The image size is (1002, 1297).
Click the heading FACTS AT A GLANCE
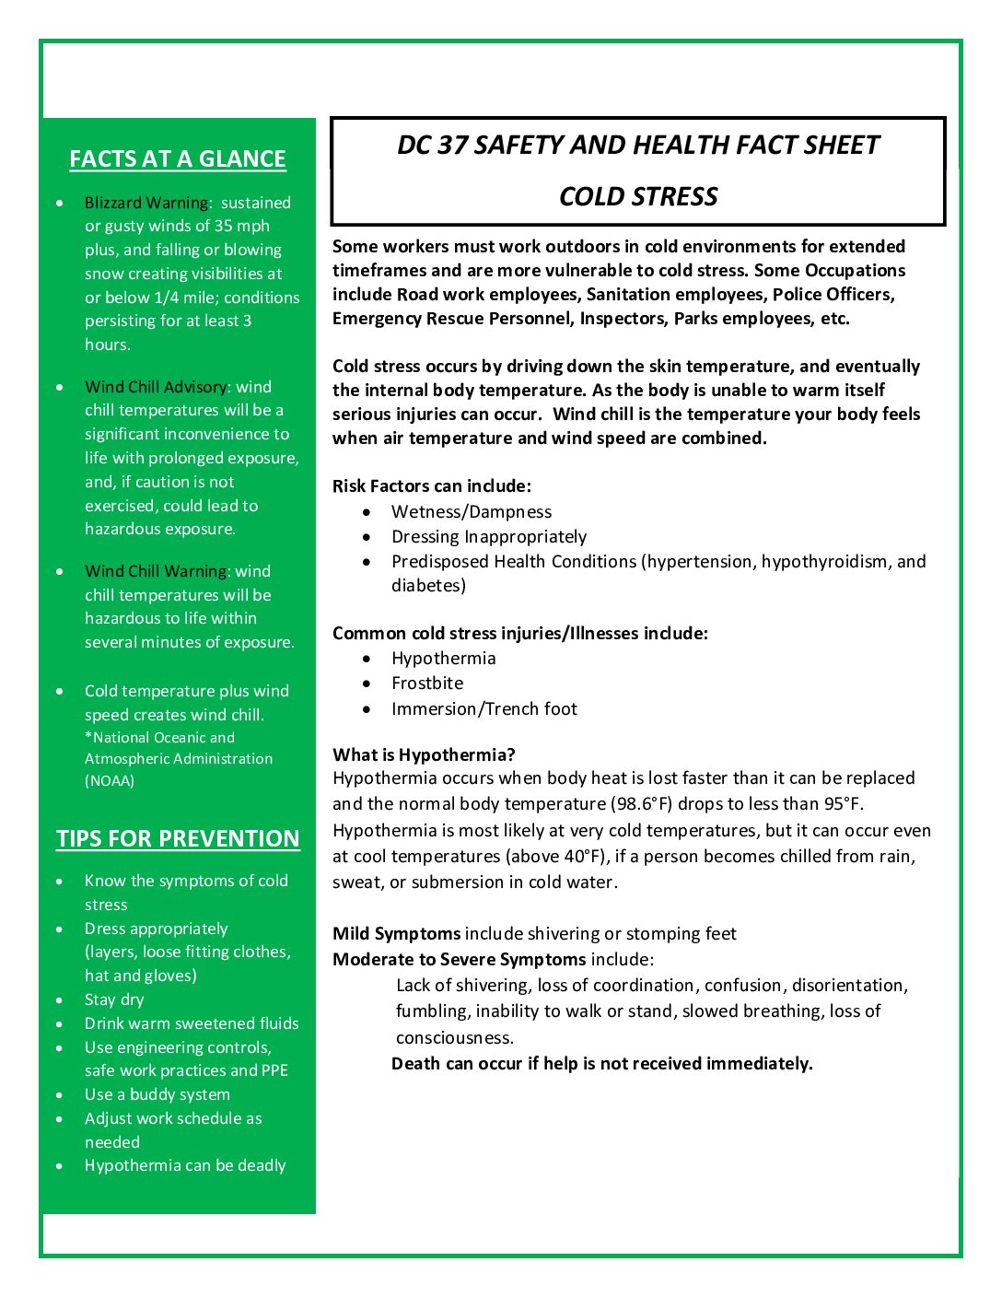coord(178,159)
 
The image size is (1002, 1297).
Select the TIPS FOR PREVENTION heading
coord(178,839)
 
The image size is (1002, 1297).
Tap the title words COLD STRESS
coord(638,197)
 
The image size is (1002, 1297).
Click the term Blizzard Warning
coord(146,203)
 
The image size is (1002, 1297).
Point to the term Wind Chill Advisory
coord(156,387)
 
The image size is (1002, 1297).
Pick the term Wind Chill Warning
coord(156,571)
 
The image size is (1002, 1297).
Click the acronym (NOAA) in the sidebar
coord(110,781)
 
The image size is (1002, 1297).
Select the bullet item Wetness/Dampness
coord(472,512)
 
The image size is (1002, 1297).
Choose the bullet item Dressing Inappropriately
coord(489,537)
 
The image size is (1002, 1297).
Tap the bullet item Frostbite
coord(427,684)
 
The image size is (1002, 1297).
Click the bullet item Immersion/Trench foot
coord(484,709)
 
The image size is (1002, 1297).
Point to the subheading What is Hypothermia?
coord(424,755)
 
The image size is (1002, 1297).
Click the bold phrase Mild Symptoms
coord(396,934)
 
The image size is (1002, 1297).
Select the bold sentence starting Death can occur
coord(601,1064)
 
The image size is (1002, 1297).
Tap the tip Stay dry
coord(114,1000)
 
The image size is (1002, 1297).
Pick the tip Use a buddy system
coord(157,1095)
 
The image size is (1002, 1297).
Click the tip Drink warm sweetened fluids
coord(192,1024)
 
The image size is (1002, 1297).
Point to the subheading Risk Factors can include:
coord(432,486)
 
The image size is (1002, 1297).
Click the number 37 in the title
coord(453,146)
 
